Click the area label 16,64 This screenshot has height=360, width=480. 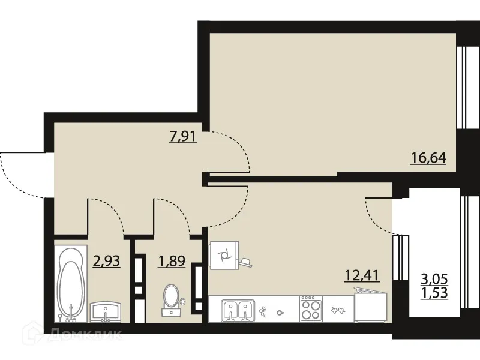point(430,160)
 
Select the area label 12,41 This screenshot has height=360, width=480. point(363,277)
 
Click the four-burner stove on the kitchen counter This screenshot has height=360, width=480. point(311,310)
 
